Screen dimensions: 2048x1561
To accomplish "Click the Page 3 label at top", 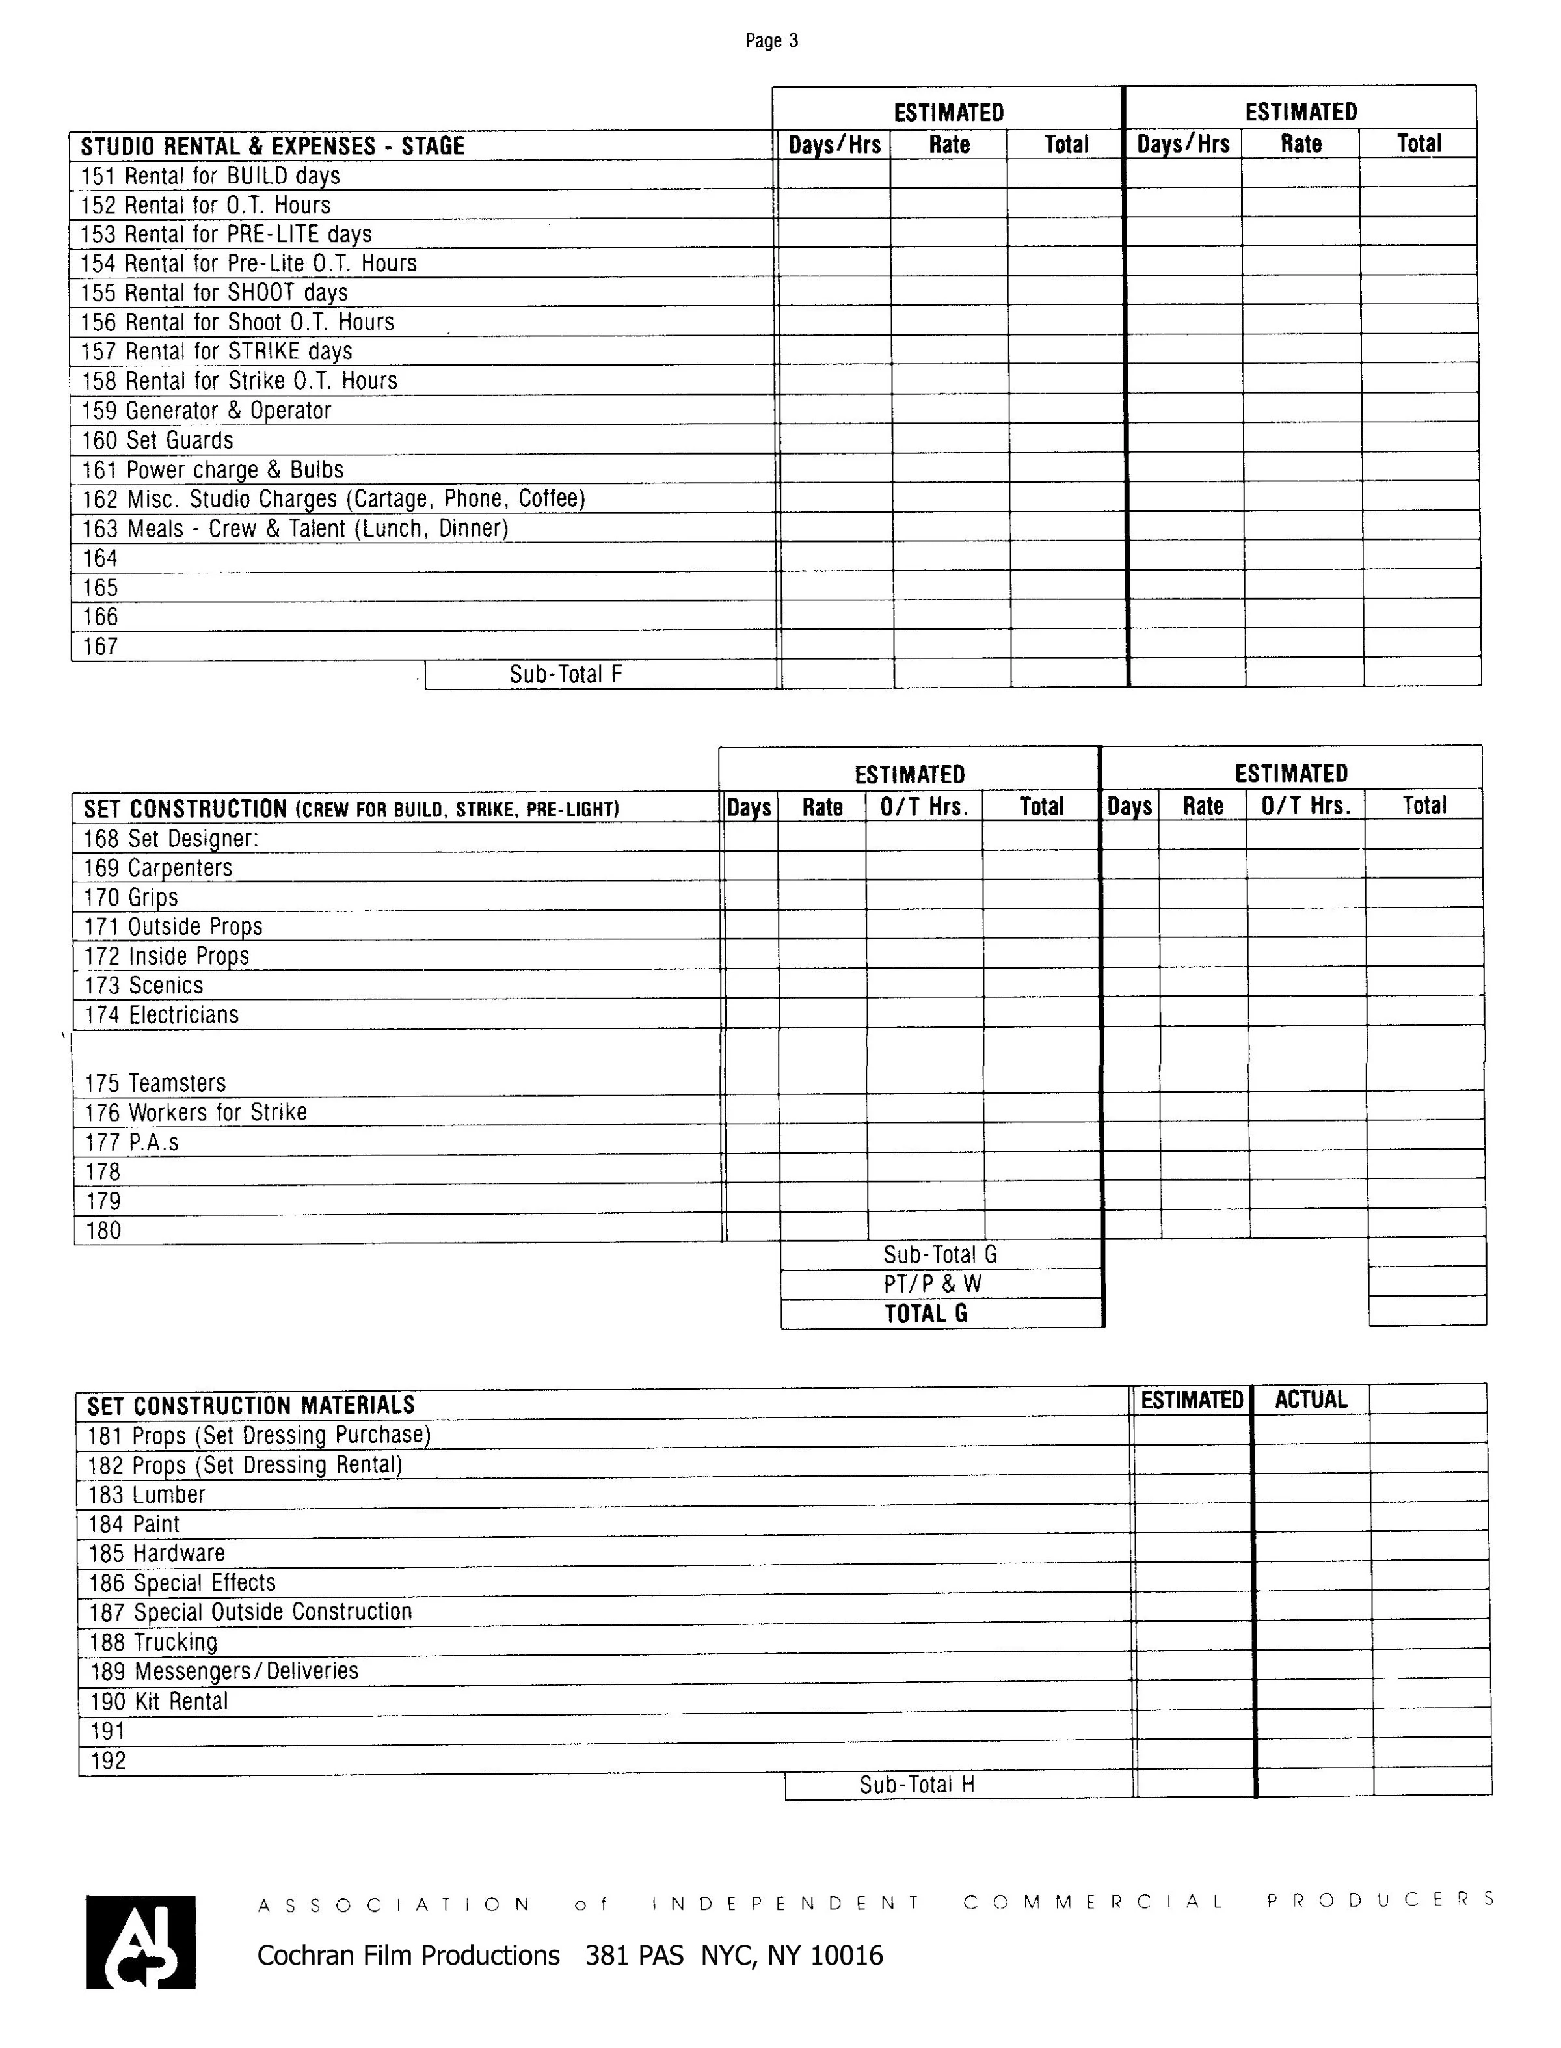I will (x=771, y=41).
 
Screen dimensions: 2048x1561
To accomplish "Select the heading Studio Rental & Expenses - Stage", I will (x=273, y=146).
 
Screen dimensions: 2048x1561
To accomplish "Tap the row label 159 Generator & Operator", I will (x=206, y=411).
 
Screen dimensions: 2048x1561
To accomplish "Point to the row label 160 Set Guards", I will (x=157, y=440).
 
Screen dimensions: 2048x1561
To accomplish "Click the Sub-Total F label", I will (x=565, y=675).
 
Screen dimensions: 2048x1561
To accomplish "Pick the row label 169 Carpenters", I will (x=158, y=868).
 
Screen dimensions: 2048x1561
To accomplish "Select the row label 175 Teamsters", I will (x=154, y=1083).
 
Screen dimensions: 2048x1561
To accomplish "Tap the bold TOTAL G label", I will (x=926, y=1313).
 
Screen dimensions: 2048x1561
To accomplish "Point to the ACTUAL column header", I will (x=1310, y=1399).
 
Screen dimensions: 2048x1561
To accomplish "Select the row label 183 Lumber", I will (x=146, y=1495).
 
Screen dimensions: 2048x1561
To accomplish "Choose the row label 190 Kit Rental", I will (x=158, y=1701).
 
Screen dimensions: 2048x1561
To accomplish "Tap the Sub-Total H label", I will (x=916, y=1784).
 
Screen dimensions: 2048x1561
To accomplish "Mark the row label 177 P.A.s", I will (x=131, y=1142).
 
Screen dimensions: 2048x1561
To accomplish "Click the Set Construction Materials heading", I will (x=251, y=1405).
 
